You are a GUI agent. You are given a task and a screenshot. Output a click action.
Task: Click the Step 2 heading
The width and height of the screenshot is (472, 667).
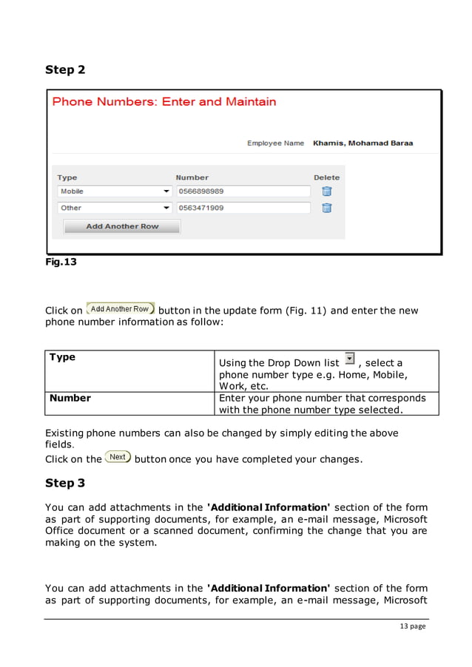(65, 70)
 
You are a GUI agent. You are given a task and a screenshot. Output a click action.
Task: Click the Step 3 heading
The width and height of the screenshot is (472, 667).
(65, 483)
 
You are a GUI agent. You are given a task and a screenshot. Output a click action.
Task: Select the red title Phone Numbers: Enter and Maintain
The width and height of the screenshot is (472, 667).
(164, 102)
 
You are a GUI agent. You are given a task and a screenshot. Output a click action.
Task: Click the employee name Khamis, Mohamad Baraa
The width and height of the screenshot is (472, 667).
(363, 143)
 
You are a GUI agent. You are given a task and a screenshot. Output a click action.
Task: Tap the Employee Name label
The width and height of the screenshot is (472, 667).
(275, 143)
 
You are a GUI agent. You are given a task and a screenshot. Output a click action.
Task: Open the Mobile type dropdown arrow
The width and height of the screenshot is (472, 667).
(166, 192)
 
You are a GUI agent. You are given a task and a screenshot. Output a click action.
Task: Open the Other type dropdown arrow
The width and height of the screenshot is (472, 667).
(166, 208)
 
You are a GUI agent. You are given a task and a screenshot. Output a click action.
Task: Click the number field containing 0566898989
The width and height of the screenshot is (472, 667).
(243, 192)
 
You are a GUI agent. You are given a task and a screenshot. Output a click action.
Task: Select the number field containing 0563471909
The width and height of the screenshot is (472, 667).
(243, 208)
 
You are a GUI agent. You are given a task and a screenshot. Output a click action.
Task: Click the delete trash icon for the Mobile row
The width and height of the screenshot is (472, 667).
(326, 192)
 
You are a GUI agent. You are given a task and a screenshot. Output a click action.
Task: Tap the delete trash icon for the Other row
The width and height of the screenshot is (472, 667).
(326, 208)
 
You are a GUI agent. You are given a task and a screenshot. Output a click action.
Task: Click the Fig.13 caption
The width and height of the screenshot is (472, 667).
(61, 261)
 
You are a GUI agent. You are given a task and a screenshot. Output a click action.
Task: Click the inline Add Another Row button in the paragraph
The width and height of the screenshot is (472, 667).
(120, 309)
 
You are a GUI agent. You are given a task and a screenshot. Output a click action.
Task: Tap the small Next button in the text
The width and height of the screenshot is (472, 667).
(118, 457)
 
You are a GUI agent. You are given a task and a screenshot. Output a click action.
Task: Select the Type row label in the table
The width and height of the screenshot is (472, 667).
(62, 357)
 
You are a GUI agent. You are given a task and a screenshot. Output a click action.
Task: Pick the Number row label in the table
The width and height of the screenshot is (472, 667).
(70, 398)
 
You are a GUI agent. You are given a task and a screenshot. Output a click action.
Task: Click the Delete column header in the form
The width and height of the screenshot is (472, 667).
(326, 177)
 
